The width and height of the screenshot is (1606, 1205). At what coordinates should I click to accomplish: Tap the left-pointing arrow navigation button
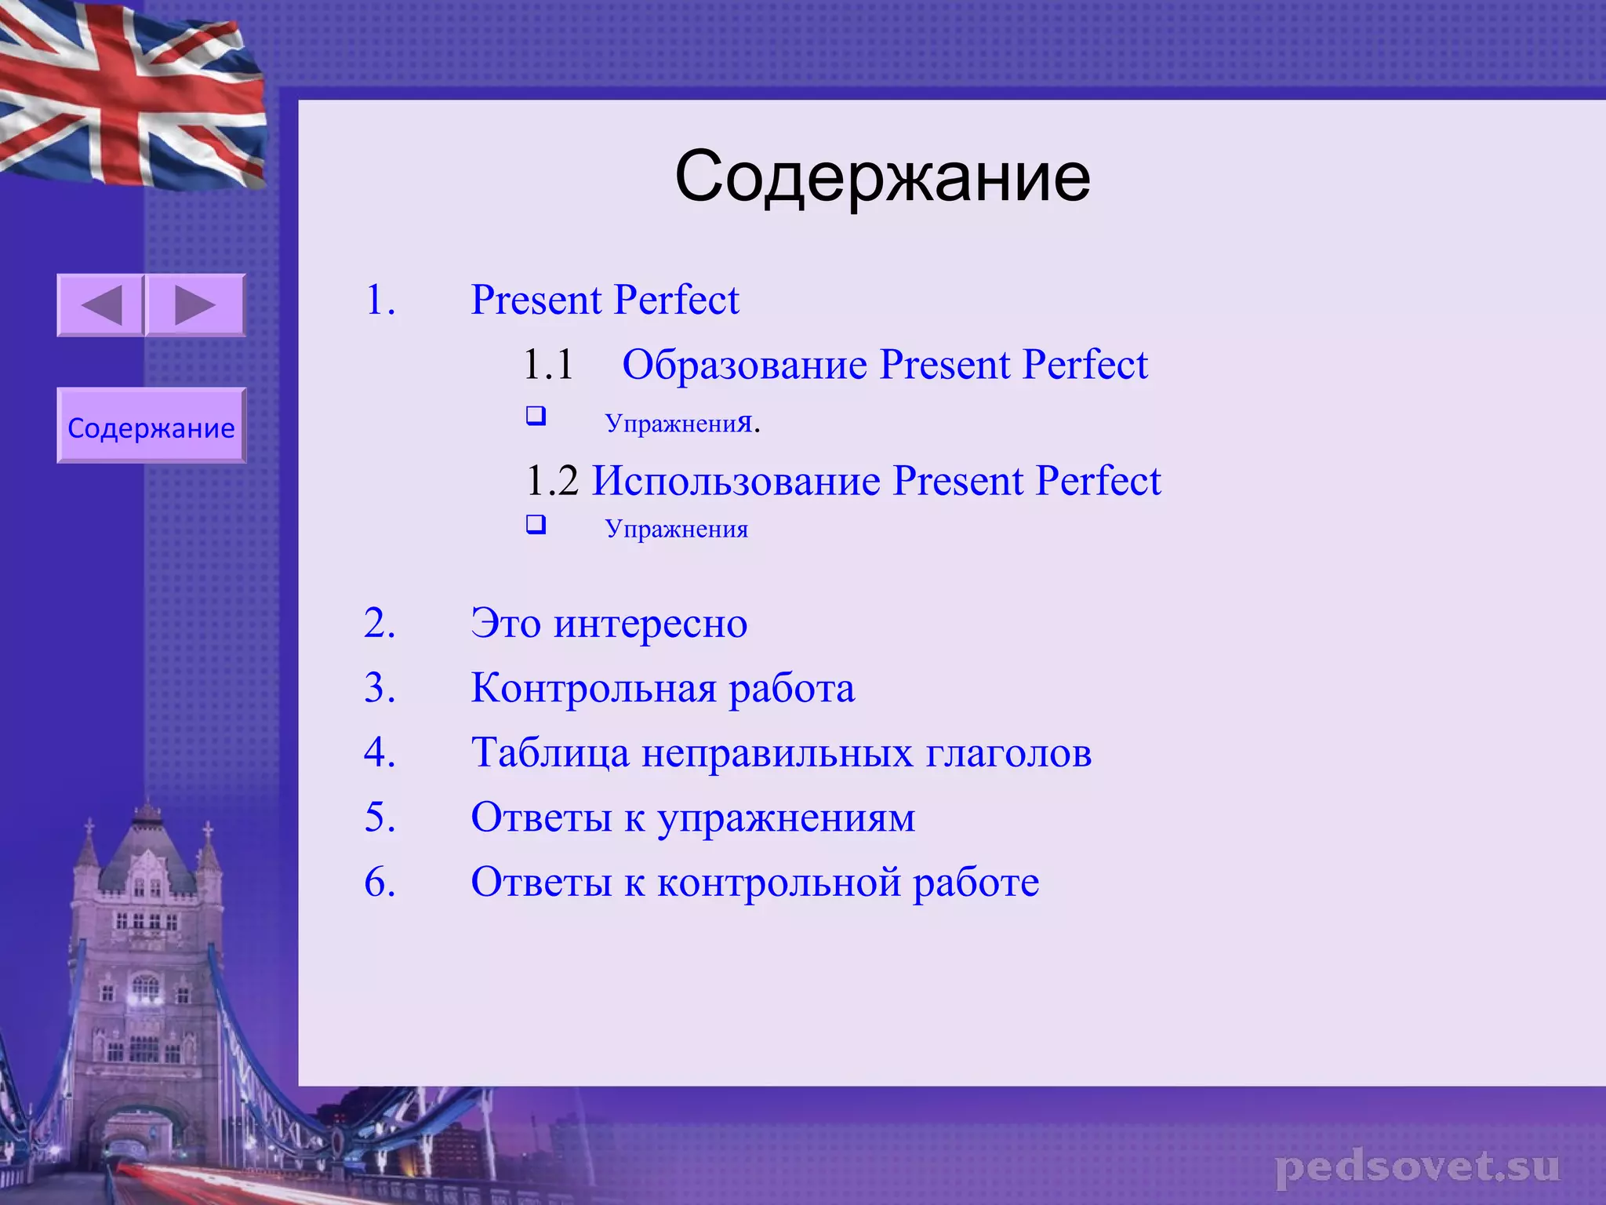(100, 305)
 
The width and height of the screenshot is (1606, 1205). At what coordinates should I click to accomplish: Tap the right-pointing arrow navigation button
(195, 305)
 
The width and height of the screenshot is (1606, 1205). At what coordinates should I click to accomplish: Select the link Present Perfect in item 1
(605, 300)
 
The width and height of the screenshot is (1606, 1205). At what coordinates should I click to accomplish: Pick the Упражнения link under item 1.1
(679, 424)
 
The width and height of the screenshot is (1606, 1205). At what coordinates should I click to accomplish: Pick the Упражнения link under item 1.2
(676, 529)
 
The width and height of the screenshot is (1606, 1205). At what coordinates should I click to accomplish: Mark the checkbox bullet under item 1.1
(536, 416)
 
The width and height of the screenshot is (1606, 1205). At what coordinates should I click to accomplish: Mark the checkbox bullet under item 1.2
(536, 524)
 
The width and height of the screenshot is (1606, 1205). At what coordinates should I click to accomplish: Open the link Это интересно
(609, 624)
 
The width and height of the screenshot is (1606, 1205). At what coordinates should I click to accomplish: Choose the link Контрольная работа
(663, 689)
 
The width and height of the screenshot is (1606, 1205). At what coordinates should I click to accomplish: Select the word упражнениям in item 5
(786, 818)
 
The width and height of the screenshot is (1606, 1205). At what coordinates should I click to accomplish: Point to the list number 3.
(380, 689)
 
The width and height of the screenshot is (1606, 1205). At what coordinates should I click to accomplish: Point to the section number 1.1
(548, 366)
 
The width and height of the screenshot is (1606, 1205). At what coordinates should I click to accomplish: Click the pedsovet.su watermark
(1417, 1167)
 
